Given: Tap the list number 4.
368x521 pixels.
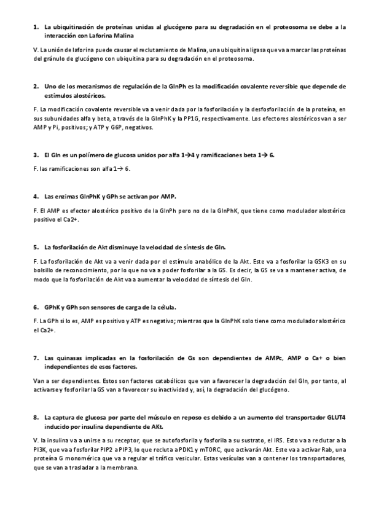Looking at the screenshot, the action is tap(36, 197).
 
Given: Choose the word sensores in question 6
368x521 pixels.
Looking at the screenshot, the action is tap(95, 307).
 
